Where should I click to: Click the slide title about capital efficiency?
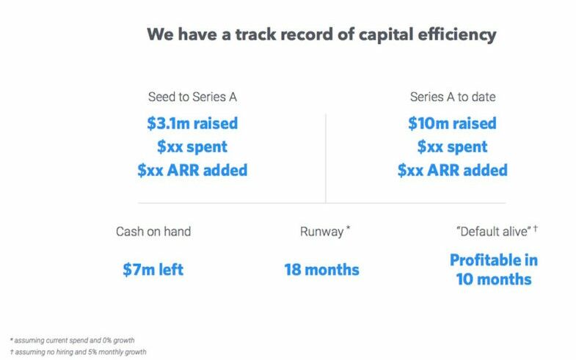[x=321, y=35]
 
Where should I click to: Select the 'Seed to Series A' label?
[x=192, y=97]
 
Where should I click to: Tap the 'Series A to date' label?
[x=453, y=97]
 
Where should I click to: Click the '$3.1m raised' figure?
[x=192, y=123]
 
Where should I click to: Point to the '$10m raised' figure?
[x=452, y=123]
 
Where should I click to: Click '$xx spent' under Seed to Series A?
[x=192, y=147]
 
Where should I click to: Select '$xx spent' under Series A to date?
[x=452, y=147]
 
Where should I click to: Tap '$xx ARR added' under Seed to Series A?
[x=192, y=170]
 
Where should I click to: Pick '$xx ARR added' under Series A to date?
[x=453, y=170]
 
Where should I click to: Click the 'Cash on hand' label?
[x=153, y=232]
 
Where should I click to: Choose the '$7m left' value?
[x=153, y=270]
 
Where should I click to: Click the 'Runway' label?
[x=321, y=232]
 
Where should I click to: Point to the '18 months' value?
[x=322, y=270]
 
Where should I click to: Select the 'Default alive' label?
[x=493, y=232]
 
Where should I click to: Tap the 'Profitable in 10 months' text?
[x=494, y=270]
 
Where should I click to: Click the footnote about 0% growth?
[x=73, y=340]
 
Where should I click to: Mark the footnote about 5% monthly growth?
[x=79, y=352]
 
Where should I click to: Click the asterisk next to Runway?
[x=348, y=228]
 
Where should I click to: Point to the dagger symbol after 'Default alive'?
[x=536, y=229]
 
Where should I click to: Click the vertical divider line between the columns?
[x=326, y=158]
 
